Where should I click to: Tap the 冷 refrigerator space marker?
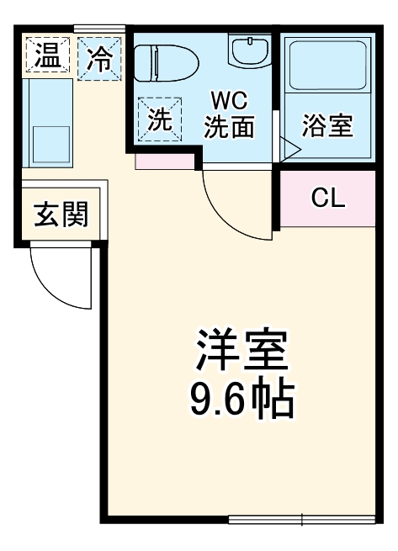pyautogui.click(x=100, y=58)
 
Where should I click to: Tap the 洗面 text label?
pyautogui.click(x=228, y=129)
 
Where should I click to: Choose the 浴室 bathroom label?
pyautogui.click(x=326, y=126)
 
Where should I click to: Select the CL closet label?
pyautogui.click(x=327, y=198)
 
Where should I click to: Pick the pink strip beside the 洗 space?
pyautogui.click(x=165, y=161)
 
